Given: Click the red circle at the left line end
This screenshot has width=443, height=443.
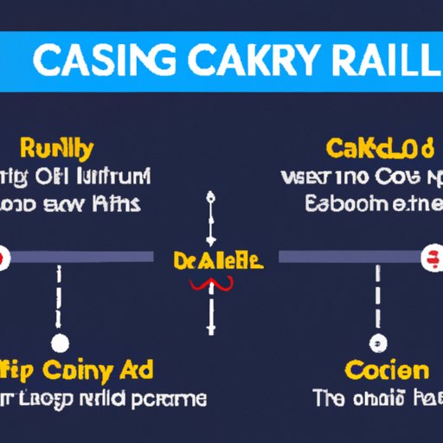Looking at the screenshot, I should pos(3,258).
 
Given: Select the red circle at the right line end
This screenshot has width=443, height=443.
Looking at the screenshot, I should pos(429,258).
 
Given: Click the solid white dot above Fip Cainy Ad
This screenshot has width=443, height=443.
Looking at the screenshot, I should pos(60,343).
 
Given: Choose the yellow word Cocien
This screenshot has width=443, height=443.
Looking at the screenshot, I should pos(386,372).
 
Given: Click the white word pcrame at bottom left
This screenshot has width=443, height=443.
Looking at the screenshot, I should pos(172,399).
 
